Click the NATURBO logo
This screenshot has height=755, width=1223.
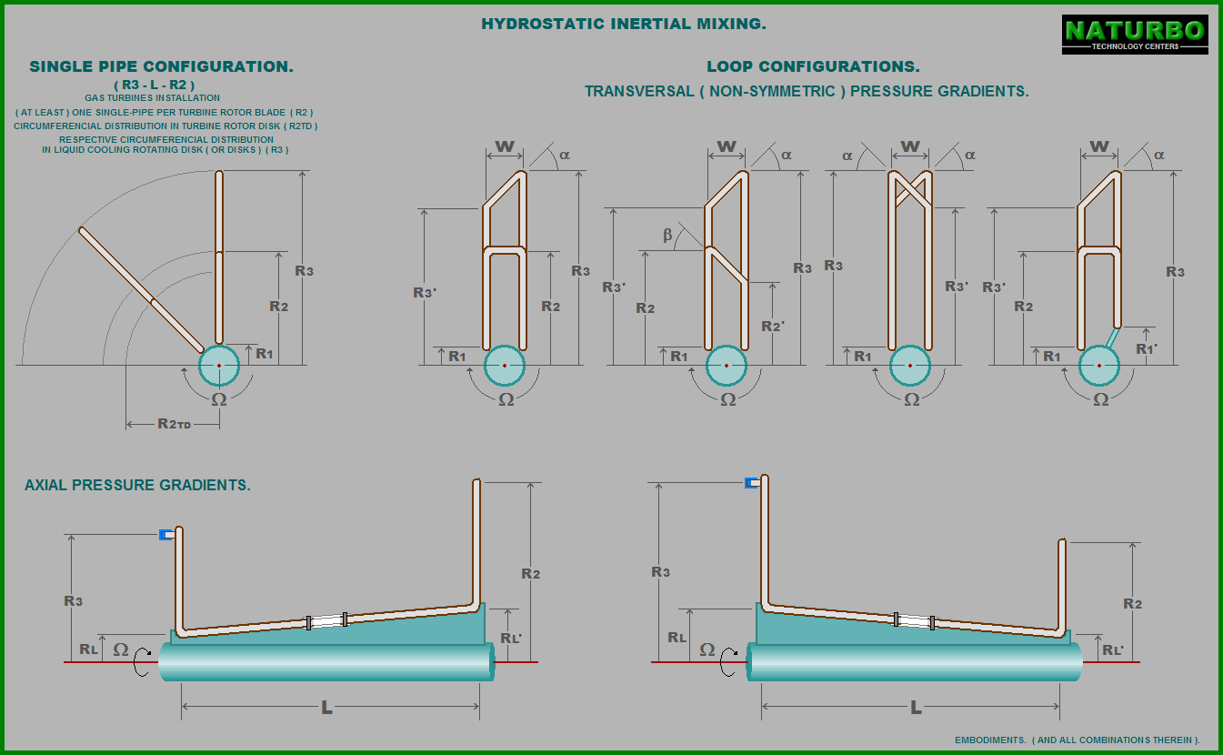point(1135,35)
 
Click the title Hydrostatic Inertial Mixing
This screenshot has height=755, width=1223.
point(624,24)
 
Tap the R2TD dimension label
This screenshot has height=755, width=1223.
point(175,423)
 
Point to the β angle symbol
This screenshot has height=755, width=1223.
point(667,235)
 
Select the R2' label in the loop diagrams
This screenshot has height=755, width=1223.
point(773,327)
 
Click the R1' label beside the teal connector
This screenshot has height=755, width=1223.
point(1146,349)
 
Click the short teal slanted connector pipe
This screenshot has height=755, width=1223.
point(1113,337)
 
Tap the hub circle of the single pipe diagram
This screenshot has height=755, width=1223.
point(219,366)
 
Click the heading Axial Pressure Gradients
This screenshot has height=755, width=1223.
point(137,485)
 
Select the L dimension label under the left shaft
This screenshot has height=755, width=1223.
point(326,708)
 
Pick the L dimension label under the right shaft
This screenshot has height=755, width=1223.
point(917,708)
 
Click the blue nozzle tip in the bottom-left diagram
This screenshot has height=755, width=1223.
point(166,535)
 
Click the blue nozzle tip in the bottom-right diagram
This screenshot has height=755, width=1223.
point(752,483)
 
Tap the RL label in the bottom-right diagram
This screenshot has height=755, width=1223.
point(677,637)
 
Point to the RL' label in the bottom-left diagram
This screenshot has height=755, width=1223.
point(511,638)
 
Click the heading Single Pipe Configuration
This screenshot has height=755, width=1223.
point(161,66)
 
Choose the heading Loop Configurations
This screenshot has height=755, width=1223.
point(813,66)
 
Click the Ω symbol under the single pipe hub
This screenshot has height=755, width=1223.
point(219,399)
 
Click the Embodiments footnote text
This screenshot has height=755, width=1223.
point(1078,740)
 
